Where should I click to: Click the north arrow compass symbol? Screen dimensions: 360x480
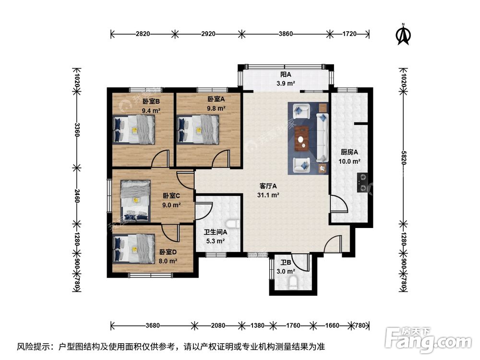click(x=404, y=35)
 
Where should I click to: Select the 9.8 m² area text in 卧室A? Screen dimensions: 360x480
click(x=216, y=108)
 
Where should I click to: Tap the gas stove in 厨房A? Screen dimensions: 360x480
click(x=363, y=183)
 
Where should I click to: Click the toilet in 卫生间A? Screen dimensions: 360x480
click(x=235, y=225)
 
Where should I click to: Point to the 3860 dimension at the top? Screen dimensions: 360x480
click(x=286, y=34)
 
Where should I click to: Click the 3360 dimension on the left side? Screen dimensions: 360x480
click(x=76, y=128)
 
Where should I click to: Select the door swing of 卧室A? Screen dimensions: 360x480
click(x=221, y=158)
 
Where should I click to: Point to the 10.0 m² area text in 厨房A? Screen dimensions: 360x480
click(x=349, y=162)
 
